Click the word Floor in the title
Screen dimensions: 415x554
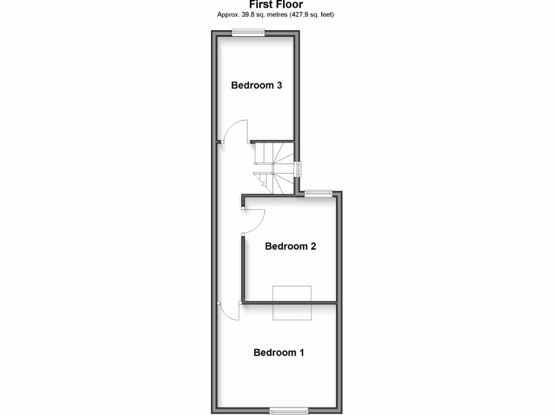291,4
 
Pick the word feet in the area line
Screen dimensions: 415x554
327,15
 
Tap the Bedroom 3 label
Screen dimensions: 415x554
257,85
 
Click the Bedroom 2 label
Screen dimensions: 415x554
290,246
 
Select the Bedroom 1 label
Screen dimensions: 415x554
279,352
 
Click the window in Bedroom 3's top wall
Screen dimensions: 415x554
248,33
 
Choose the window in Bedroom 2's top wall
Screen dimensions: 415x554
318,193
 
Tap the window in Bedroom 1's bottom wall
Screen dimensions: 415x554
289,410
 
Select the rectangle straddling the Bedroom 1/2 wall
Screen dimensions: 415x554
292,303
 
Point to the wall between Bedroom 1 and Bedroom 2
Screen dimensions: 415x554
325,303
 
